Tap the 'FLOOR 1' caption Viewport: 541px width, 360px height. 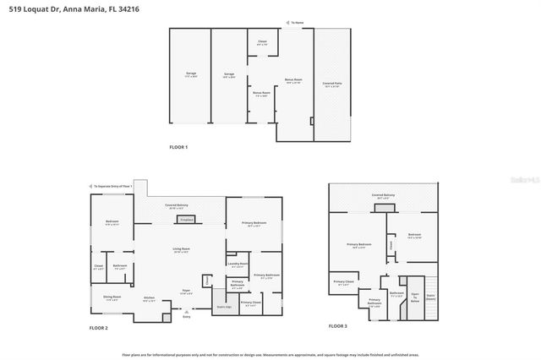(x=178, y=147)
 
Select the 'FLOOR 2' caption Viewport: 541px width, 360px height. (x=99, y=327)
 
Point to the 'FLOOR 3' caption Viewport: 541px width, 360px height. (x=337, y=325)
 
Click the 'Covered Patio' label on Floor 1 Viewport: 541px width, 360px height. (x=332, y=85)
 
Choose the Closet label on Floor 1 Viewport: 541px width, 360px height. (x=262, y=41)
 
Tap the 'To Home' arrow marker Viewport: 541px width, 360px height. (x=294, y=23)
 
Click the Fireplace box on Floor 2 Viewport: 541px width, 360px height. (x=186, y=219)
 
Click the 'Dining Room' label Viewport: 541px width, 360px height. (x=112, y=297)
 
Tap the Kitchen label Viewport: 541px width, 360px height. (x=149, y=298)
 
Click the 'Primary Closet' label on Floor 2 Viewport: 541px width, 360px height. (x=250, y=303)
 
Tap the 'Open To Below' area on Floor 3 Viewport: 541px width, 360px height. (x=414, y=296)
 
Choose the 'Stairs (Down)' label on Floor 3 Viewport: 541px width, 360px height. (x=430, y=297)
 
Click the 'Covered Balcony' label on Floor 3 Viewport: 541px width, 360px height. (x=383, y=195)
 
